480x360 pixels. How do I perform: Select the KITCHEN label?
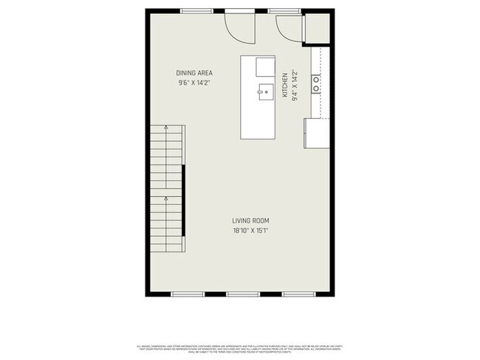click(284, 83)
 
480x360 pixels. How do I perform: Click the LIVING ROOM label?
click(250, 221)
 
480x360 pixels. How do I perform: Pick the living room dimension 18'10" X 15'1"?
click(250, 231)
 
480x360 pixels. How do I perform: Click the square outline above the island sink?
click(265, 67)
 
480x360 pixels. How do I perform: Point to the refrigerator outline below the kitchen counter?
click(317, 133)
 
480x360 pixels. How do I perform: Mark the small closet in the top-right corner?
click(317, 27)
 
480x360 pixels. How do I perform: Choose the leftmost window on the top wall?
click(194, 10)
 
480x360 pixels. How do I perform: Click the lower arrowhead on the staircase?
click(167, 198)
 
